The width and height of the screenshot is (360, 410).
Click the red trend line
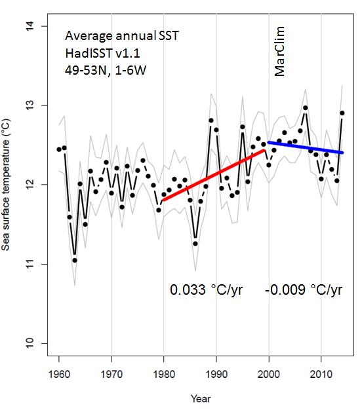[214, 174]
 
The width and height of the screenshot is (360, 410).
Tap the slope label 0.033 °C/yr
[207, 289]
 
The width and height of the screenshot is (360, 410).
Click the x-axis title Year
[201, 398]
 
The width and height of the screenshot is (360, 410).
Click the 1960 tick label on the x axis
[59, 375]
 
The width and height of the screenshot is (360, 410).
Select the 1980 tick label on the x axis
[164, 375]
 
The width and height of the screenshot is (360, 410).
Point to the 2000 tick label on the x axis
[268, 375]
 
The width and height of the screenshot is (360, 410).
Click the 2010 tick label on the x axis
[321, 375]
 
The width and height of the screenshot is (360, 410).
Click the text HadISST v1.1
[102, 53]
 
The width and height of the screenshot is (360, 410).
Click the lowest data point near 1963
[75, 260]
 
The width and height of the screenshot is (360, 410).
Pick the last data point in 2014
[342, 113]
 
